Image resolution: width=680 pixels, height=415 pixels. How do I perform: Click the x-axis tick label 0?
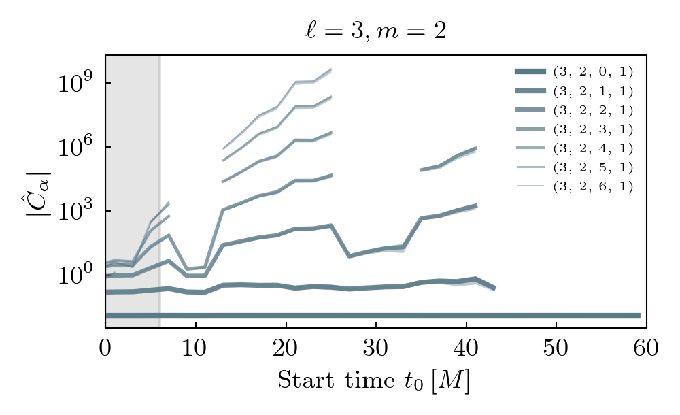click(105, 348)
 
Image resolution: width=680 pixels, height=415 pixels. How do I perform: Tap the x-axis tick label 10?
click(196, 348)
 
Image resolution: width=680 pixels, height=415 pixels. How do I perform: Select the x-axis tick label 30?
click(376, 348)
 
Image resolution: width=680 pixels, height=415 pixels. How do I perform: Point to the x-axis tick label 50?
click(556, 348)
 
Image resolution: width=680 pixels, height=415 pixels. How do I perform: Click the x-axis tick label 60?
click(646, 348)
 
